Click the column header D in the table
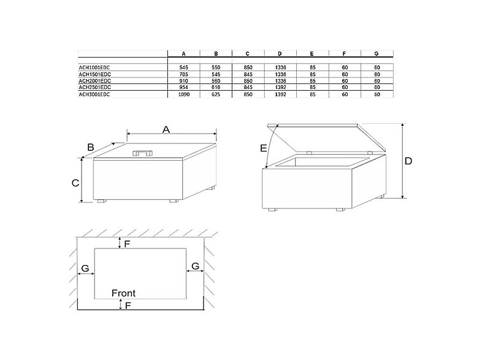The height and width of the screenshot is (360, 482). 280,53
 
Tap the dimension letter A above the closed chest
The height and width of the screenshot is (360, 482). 166,129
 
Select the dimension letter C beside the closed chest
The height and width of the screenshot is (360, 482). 74,183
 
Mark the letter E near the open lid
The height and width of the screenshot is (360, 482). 263,148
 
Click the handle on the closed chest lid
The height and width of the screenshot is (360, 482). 143,153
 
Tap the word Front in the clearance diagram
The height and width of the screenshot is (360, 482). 123,293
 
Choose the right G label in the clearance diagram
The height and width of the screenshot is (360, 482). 195,266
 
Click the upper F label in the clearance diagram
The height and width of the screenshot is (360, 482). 128,244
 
